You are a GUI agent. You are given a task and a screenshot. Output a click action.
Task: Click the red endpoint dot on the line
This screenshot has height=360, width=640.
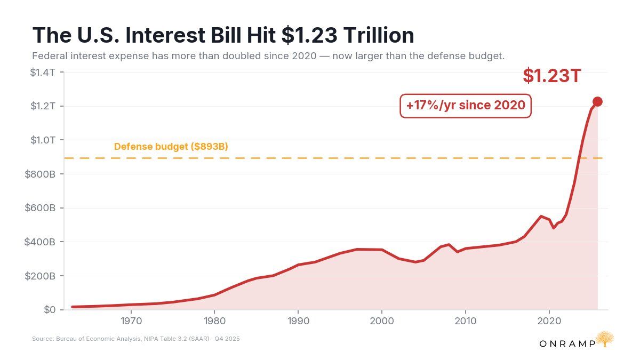(x=597, y=101)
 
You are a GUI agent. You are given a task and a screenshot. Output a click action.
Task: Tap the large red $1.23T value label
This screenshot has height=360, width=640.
(x=551, y=76)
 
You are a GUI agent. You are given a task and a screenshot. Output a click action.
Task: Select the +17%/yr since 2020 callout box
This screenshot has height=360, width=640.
(x=466, y=106)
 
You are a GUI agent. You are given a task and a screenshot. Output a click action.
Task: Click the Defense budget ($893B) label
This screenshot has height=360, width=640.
(x=171, y=147)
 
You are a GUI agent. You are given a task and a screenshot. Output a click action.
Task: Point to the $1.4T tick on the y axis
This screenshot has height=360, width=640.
(x=43, y=73)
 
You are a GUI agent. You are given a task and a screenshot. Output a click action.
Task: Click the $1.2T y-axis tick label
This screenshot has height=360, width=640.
(x=43, y=106)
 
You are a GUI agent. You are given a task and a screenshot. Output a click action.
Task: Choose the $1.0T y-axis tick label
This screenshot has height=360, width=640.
(x=43, y=140)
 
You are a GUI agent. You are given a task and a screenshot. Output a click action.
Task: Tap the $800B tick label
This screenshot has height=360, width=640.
(x=40, y=174)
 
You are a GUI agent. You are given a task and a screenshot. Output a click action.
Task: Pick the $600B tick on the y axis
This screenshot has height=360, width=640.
(x=40, y=207)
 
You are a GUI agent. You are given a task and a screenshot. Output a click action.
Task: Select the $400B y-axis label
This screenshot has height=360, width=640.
(x=39, y=242)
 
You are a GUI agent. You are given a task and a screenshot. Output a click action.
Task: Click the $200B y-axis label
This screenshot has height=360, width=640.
(x=40, y=276)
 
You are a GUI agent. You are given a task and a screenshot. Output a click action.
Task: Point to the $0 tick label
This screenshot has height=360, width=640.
(x=50, y=310)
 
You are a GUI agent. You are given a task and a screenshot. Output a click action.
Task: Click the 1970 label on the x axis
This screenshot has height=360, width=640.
(x=131, y=321)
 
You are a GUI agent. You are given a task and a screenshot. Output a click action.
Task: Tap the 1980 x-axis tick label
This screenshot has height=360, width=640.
(x=214, y=321)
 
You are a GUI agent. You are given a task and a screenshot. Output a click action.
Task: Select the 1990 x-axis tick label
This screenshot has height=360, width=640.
(x=298, y=321)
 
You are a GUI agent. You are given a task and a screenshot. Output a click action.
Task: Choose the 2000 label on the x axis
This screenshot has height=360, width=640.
(x=382, y=321)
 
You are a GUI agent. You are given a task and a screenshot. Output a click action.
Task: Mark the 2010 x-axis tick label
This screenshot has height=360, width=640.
(x=466, y=321)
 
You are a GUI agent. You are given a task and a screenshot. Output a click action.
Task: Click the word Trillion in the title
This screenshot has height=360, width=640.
(x=379, y=35)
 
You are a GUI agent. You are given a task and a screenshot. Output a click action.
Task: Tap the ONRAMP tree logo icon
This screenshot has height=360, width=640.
(x=605, y=339)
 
